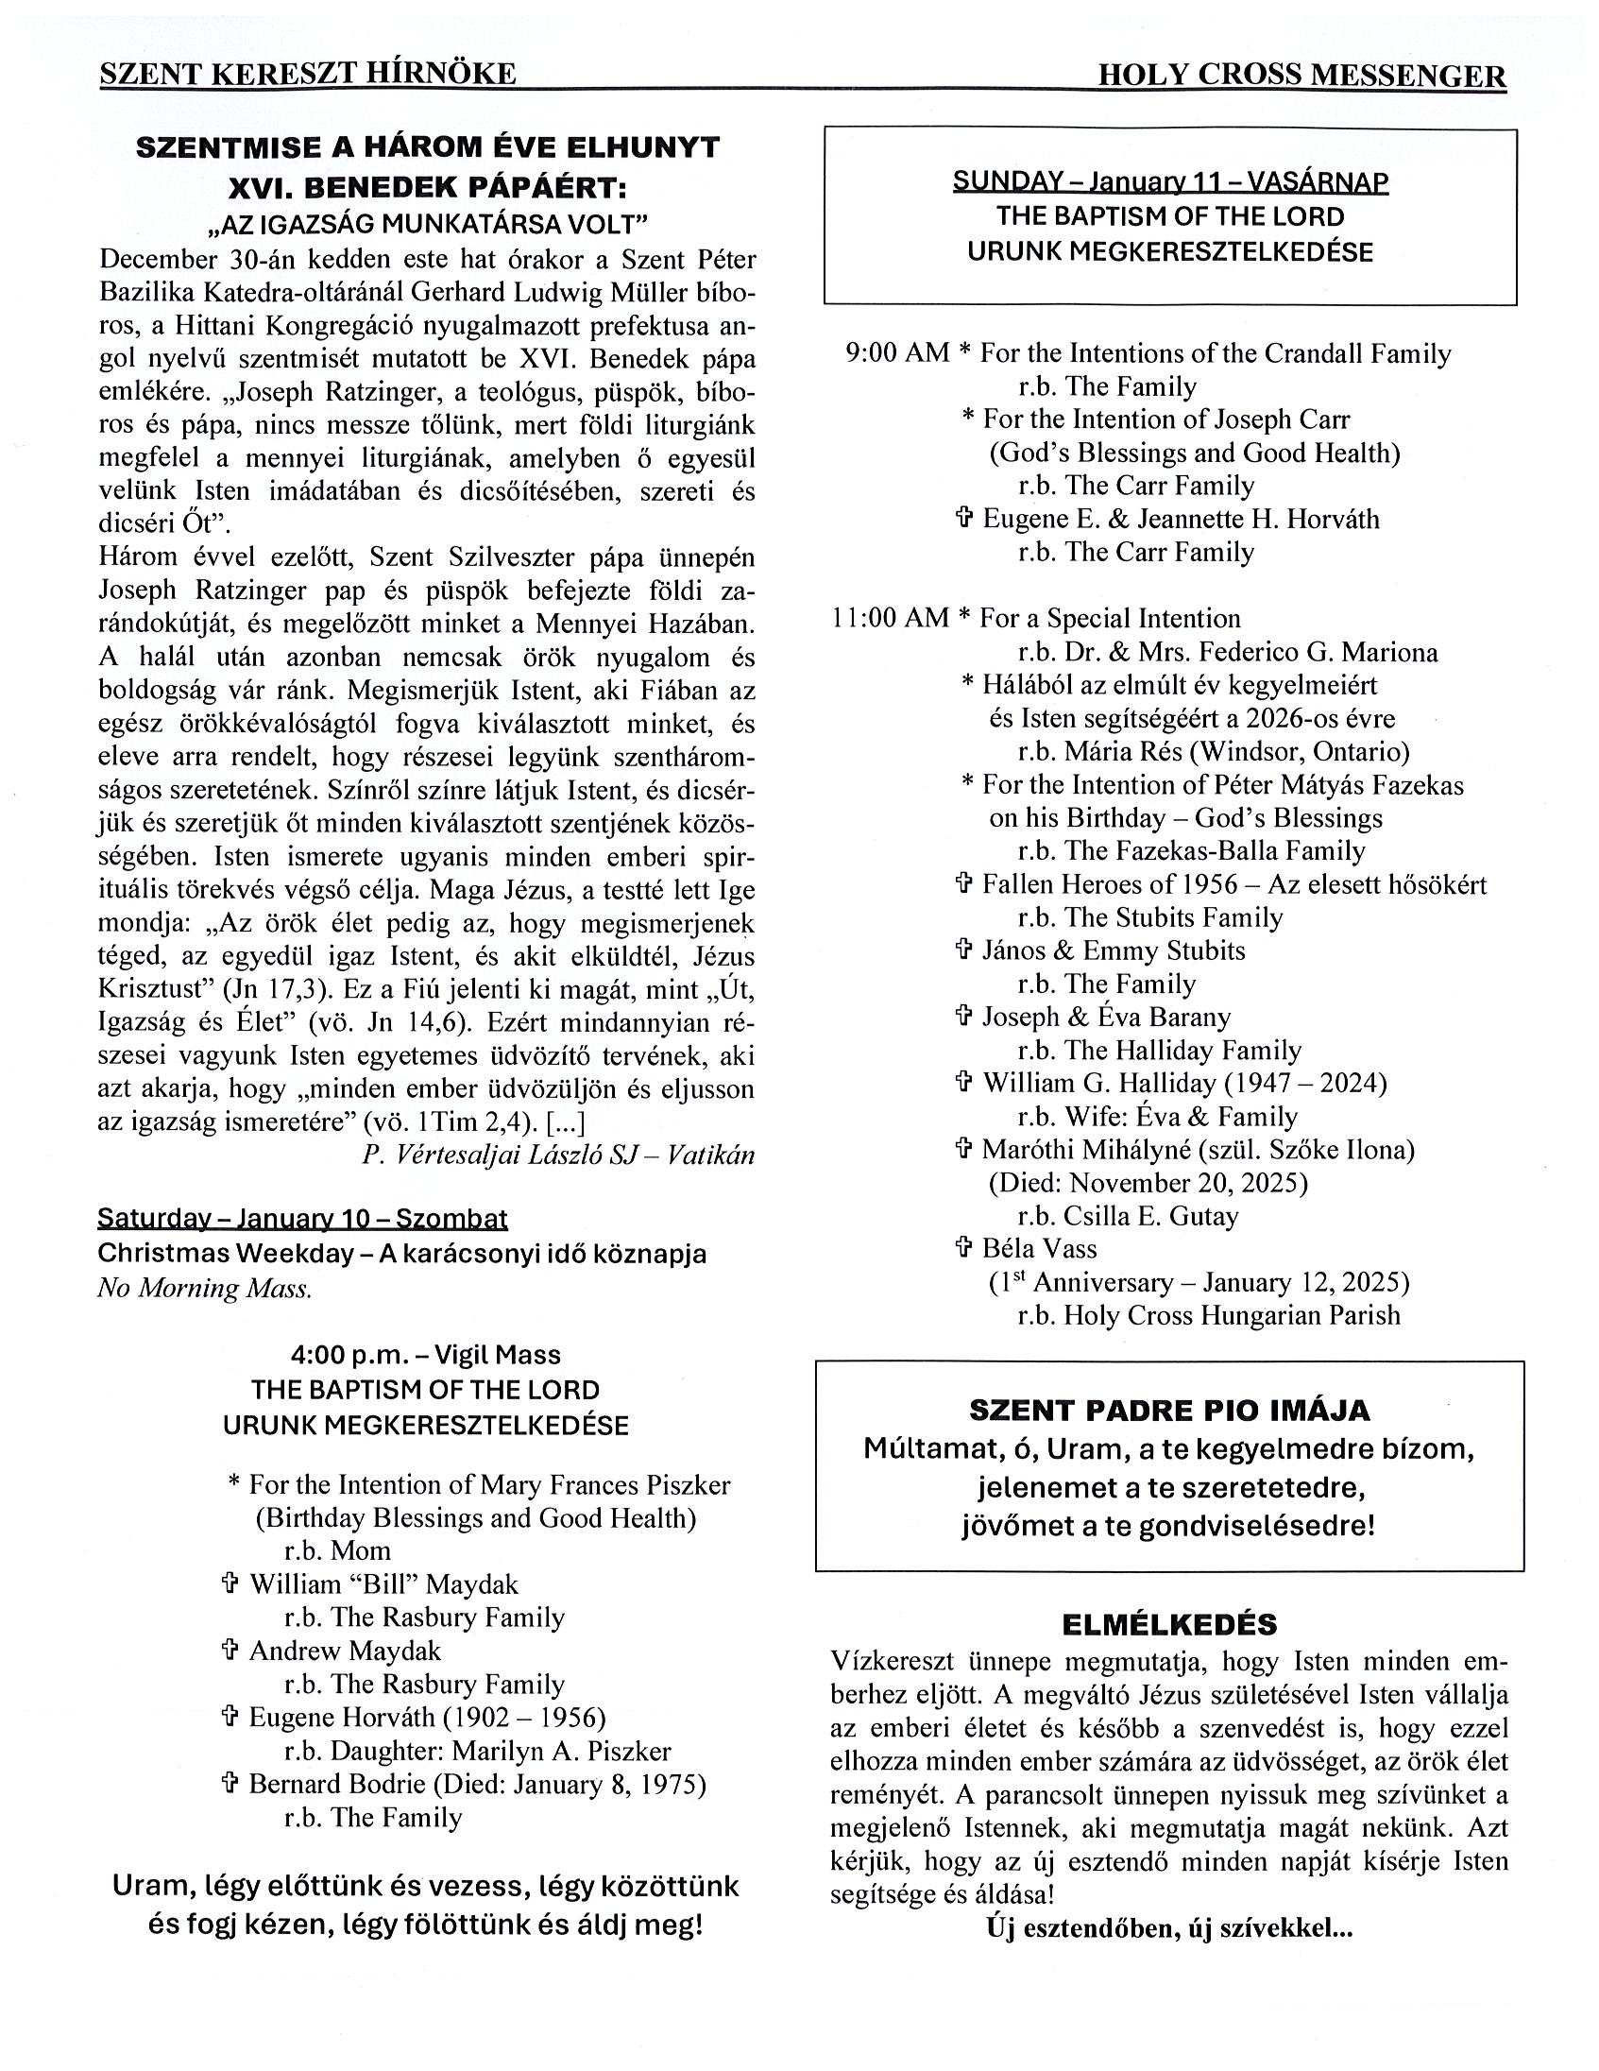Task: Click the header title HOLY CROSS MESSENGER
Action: [x=1301, y=76]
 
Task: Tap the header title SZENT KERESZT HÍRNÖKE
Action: [x=308, y=74]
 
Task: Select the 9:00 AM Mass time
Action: [x=896, y=353]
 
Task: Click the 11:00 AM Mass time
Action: [x=890, y=618]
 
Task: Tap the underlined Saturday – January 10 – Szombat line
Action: [x=302, y=1218]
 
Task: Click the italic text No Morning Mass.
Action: [x=205, y=1288]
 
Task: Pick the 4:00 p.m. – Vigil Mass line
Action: [x=426, y=1355]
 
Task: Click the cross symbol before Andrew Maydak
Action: [x=229, y=1651]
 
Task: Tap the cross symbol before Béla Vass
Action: [x=963, y=1248]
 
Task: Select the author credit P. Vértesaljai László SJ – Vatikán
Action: [x=557, y=1155]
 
